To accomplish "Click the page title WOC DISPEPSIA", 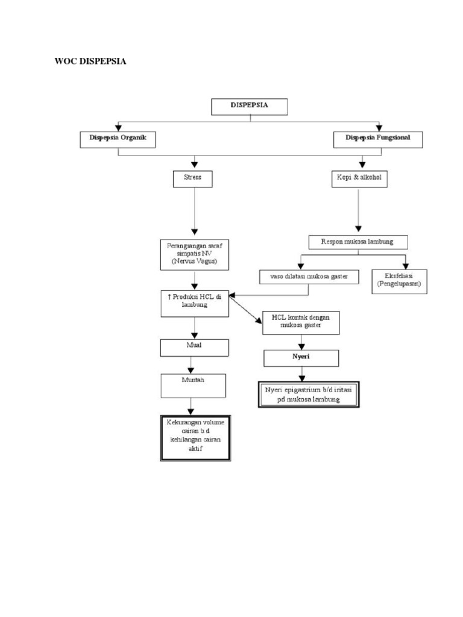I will [90, 61].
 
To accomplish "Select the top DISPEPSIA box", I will [249, 106].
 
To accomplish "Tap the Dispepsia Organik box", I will [119, 139].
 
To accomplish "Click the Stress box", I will [193, 178].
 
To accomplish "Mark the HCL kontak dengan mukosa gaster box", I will [301, 322].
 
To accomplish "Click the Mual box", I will [194, 348].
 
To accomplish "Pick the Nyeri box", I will [301, 358].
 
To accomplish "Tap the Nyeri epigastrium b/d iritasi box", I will [309, 394].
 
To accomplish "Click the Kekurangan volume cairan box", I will [195, 437].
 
